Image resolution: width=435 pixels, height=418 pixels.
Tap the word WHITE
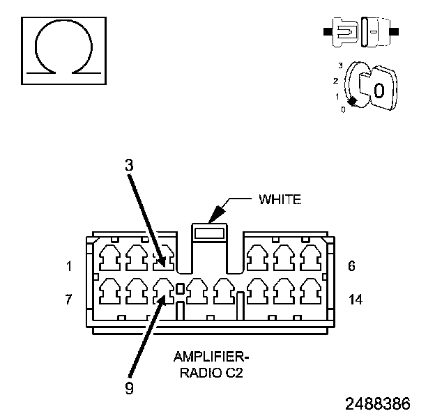[x=280, y=200]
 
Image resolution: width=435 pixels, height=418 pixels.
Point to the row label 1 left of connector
[x=69, y=265]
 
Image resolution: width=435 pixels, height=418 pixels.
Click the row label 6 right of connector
[x=352, y=265]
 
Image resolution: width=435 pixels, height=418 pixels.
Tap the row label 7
[x=69, y=300]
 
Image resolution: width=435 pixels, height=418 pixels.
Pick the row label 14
[x=355, y=300]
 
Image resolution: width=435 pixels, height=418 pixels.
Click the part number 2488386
[x=377, y=403]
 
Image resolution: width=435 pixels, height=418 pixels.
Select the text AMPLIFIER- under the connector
[x=211, y=357]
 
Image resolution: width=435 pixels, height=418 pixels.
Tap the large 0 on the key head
[x=379, y=91]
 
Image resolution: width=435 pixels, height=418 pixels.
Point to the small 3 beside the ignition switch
[x=340, y=65]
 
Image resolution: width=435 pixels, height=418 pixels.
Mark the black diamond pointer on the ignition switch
[x=353, y=102]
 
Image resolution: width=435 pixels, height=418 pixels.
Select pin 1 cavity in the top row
[x=110, y=258]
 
